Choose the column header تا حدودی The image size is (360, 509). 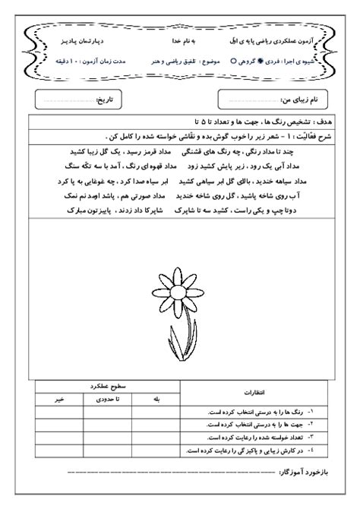(x=106, y=397)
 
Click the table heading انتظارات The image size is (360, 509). (x=254, y=392)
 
